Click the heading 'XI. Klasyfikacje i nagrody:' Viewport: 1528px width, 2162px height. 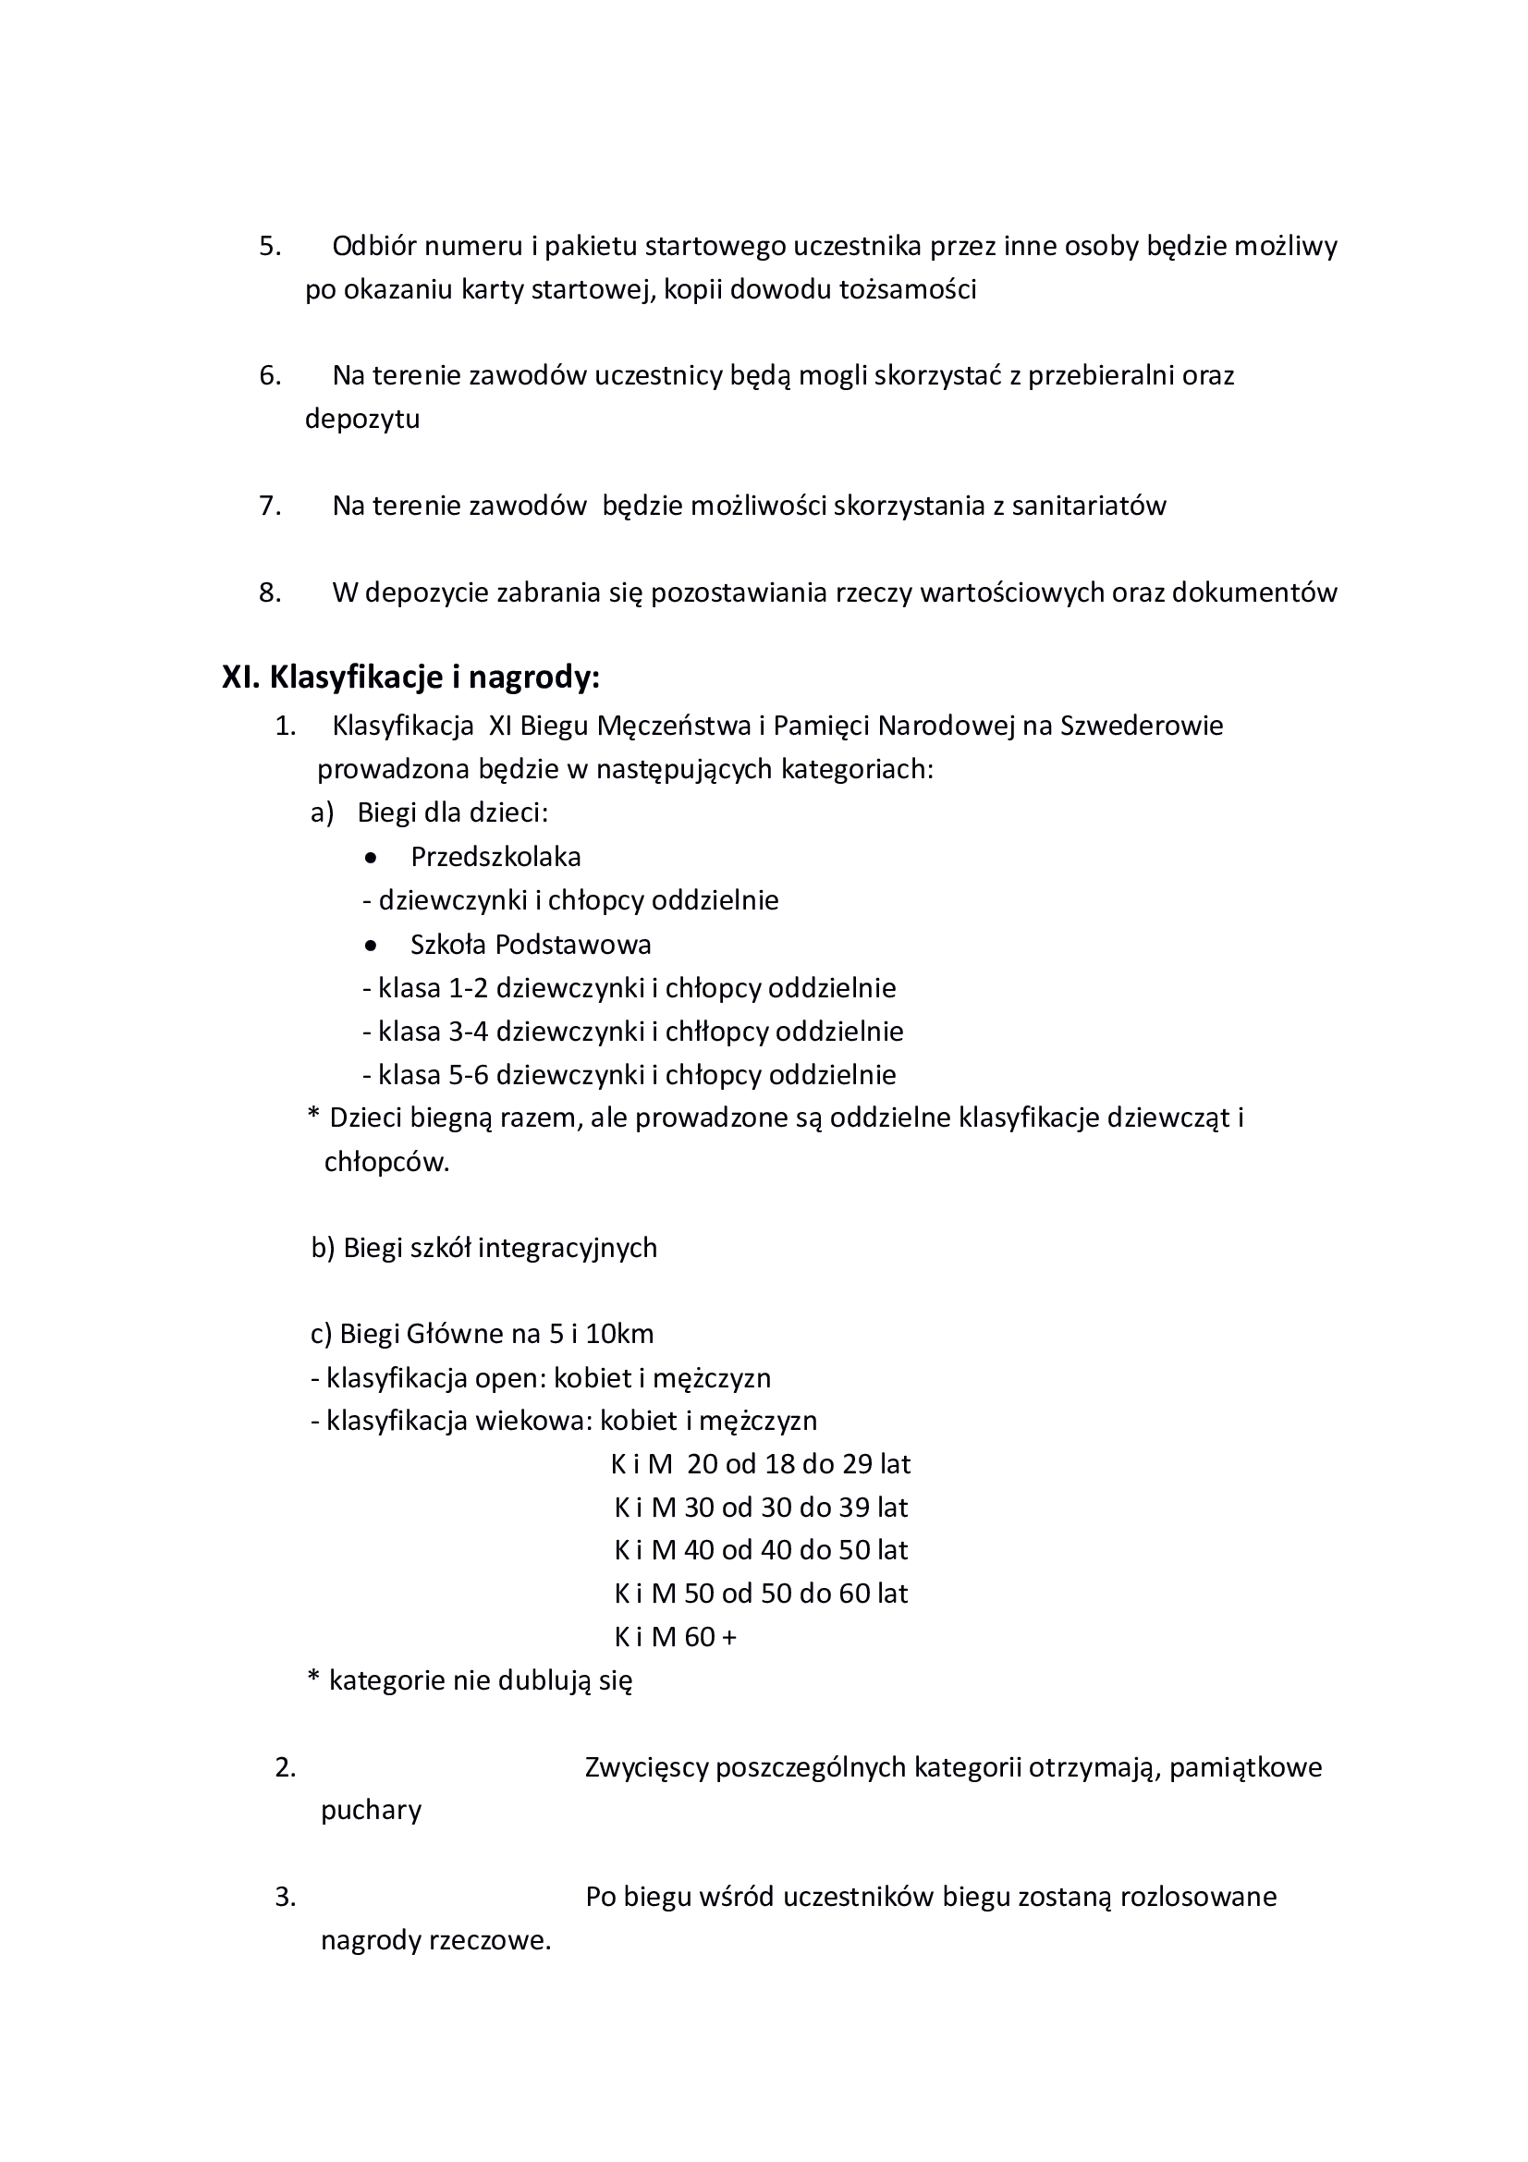click(x=410, y=678)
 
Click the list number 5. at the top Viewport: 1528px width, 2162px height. click(x=270, y=247)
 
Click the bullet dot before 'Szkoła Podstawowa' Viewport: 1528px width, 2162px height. click(x=372, y=946)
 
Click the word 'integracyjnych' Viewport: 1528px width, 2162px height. click(x=567, y=1249)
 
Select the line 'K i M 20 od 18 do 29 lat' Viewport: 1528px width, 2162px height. click(x=761, y=1464)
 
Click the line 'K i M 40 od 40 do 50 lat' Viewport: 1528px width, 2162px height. click(x=761, y=1550)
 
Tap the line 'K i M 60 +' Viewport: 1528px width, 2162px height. click(x=675, y=1638)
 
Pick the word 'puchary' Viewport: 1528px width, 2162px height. click(x=371, y=1811)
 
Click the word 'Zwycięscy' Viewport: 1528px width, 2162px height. click(x=646, y=1767)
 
